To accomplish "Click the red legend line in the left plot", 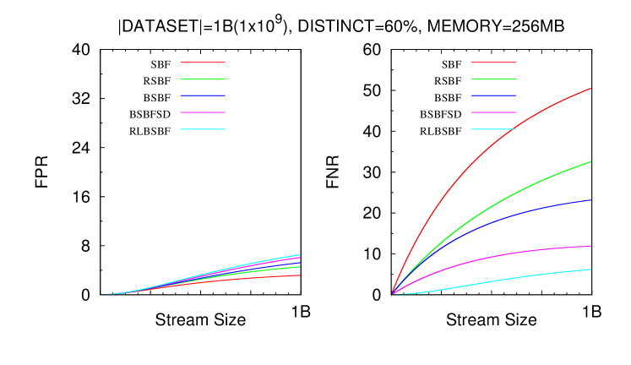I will (x=203, y=63).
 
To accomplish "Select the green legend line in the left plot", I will (x=203, y=79).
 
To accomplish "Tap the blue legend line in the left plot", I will (x=203, y=95).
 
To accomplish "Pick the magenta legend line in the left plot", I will (x=203, y=112).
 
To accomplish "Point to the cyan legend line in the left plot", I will (x=203, y=129).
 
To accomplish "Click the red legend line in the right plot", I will (x=493, y=63).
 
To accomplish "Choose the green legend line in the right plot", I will (x=493, y=79).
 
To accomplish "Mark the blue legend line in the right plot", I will (x=493, y=95).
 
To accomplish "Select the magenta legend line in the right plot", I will (x=493, y=112).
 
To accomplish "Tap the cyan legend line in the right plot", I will (x=493, y=129).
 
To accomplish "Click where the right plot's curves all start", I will (x=392, y=294).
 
